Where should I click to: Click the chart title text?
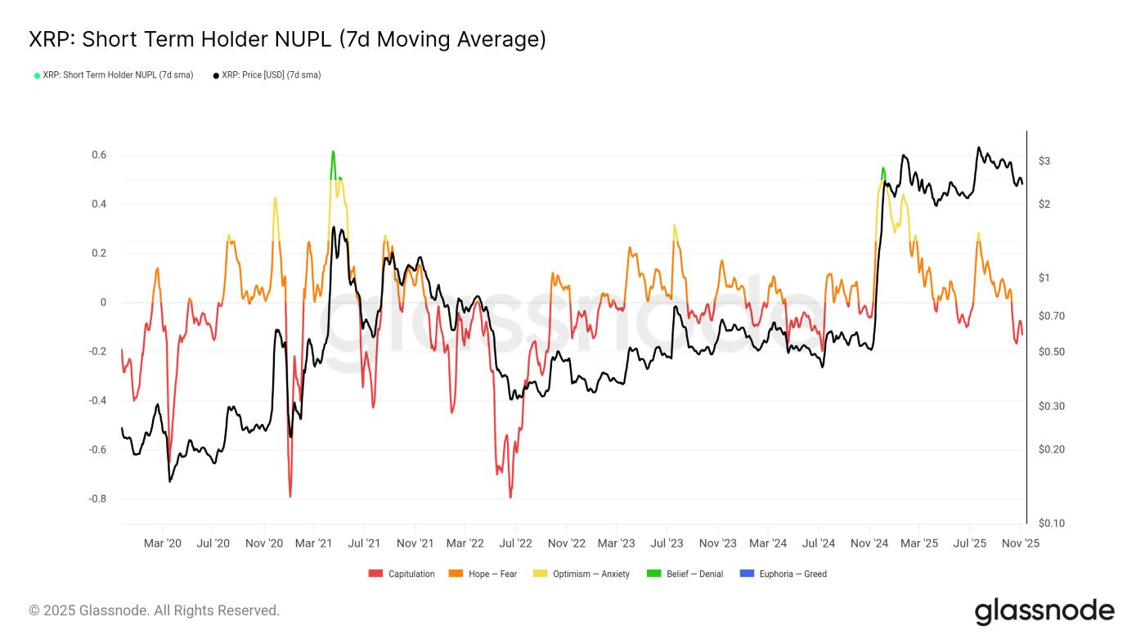click(x=287, y=39)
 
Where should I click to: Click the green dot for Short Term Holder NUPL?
click(x=37, y=75)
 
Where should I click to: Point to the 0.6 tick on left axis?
click(x=98, y=155)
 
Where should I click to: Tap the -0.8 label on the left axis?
click(x=97, y=499)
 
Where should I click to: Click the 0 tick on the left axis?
click(x=103, y=303)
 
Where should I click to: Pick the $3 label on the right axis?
click(x=1044, y=161)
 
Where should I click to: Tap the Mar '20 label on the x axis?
click(x=163, y=543)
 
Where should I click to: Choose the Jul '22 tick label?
click(x=515, y=543)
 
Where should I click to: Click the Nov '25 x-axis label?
click(x=1020, y=543)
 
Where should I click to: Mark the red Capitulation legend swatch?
click(x=375, y=574)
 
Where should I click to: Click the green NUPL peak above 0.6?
click(x=333, y=152)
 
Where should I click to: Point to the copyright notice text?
click(x=155, y=610)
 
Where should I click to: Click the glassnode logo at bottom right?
click(x=1044, y=611)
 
